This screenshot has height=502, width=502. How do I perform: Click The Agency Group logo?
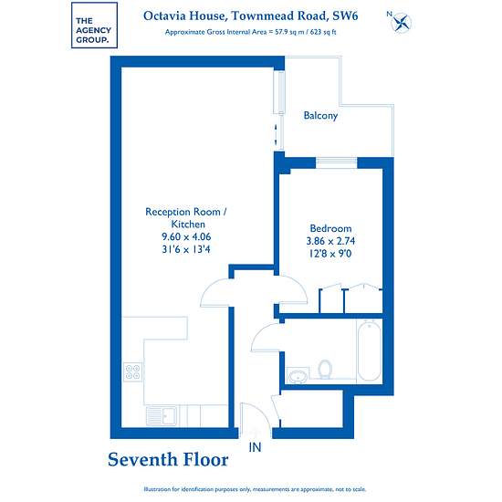tap(94, 26)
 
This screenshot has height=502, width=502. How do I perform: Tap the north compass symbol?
tap(401, 23)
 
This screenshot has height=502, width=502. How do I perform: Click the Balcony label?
tap(320, 115)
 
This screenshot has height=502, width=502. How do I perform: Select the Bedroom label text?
tap(330, 228)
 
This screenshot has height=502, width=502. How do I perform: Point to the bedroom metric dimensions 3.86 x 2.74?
tap(330, 241)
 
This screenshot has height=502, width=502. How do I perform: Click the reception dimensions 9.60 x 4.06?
tap(186, 236)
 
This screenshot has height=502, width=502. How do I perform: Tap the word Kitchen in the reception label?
tap(188, 225)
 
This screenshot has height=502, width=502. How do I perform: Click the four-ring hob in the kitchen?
tap(133, 371)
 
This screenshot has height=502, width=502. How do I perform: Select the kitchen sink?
tap(162, 416)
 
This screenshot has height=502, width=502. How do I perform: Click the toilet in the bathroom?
tap(325, 369)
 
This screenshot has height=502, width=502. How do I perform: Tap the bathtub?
tap(369, 350)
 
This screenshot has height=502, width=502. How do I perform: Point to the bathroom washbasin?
tap(298, 376)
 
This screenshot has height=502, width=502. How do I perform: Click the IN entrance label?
tap(255, 447)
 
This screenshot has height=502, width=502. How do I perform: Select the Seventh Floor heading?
tap(168, 460)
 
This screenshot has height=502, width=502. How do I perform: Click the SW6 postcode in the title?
tap(345, 16)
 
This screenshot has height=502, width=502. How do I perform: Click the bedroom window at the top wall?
tap(336, 162)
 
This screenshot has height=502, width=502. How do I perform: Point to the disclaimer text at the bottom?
tap(255, 489)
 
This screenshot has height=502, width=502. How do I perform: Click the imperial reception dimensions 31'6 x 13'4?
tap(186, 249)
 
